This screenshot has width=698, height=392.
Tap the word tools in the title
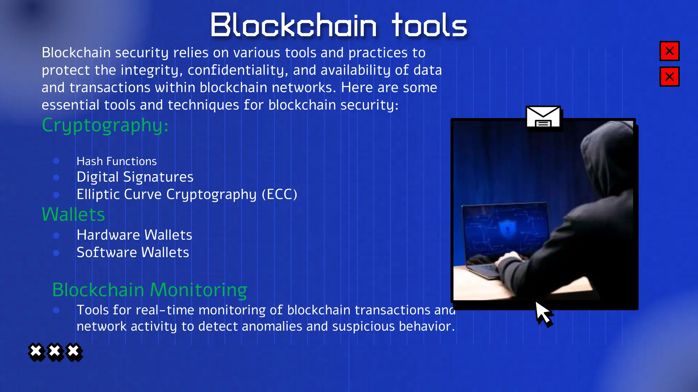pos(429,25)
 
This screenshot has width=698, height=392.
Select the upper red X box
pos(669,51)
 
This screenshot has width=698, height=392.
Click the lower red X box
pos(669,77)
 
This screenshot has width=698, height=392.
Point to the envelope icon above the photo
pos(543,117)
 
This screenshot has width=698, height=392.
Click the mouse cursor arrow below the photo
pos(543,313)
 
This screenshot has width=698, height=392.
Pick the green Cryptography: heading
pos(105,125)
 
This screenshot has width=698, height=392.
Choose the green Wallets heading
pos(73,214)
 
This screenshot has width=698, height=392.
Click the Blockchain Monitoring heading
pos(150,290)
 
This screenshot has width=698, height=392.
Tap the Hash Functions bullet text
pos(117,161)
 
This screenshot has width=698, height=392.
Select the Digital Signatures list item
pos(135,177)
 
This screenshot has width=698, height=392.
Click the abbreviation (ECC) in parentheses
pos(279,195)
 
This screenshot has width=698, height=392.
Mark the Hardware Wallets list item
pos(134,235)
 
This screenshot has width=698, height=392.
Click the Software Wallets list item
pos(133,252)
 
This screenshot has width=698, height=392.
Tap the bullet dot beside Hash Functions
pos(56,161)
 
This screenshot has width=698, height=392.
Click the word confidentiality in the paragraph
pos(238,70)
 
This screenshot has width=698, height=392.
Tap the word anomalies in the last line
pos(272,326)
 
